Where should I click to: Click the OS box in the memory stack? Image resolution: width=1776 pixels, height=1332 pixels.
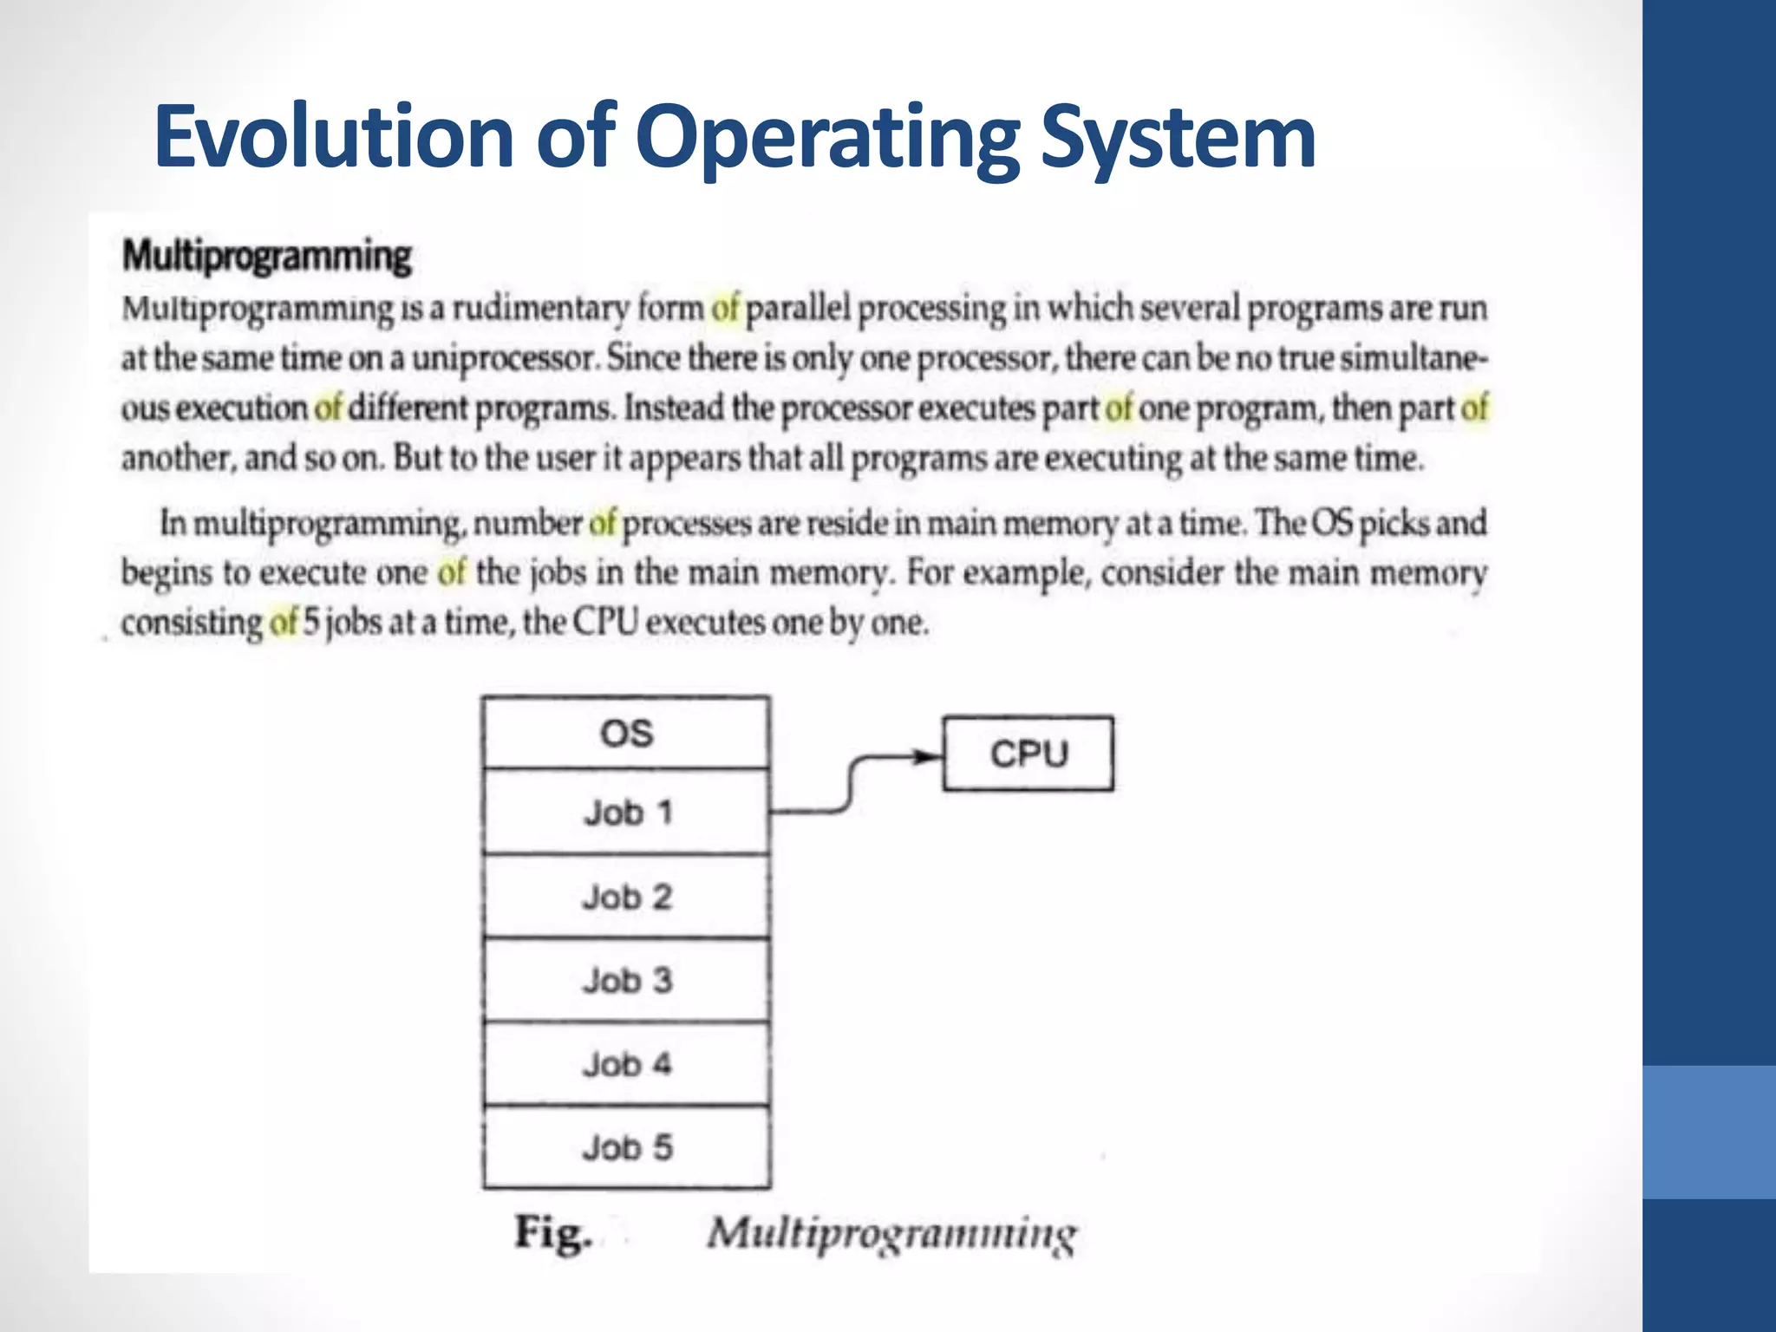[x=626, y=734]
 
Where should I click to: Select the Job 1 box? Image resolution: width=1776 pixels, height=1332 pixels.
[x=626, y=813]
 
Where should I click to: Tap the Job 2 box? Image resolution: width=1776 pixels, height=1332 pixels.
[x=626, y=896]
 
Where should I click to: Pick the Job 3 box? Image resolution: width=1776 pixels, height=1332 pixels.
[x=626, y=980]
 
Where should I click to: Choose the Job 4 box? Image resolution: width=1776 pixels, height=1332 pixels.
[x=626, y=1064]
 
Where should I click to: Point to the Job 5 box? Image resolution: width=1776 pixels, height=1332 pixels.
[x=626, y=1147]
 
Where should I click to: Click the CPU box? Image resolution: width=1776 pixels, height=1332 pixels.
[x=1028, y=754]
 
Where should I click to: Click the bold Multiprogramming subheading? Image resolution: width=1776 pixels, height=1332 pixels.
[x=266, y=256]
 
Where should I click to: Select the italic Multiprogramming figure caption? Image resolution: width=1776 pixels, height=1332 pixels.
[x=891, y=1233]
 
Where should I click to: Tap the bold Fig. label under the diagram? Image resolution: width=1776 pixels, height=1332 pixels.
[x=553, y=1232]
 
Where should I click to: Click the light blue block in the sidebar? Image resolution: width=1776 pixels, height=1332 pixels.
[x=1709, y=1132]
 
